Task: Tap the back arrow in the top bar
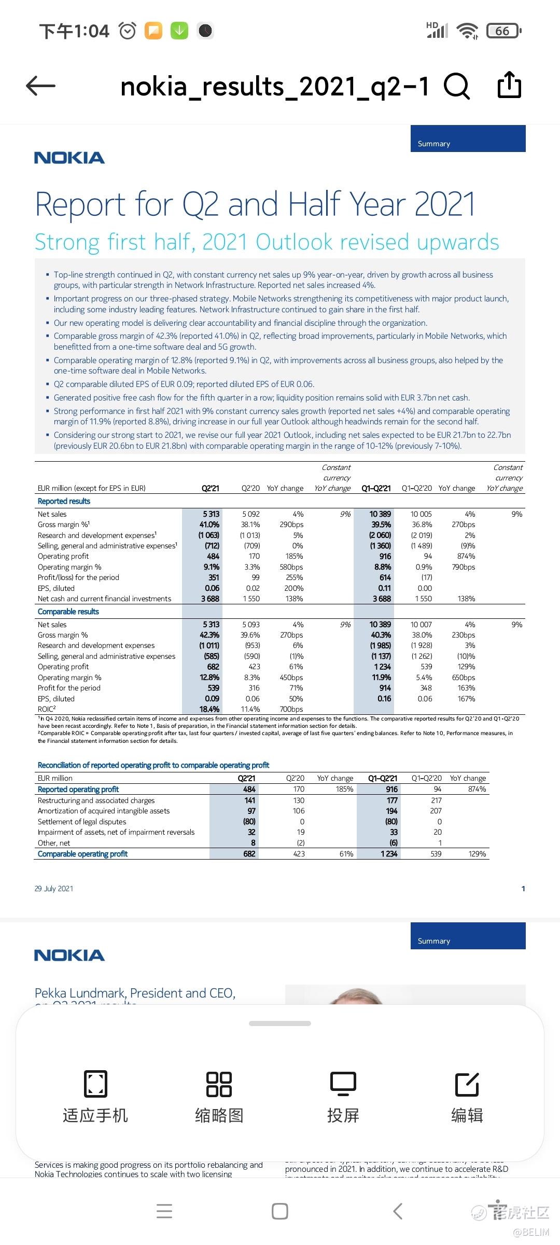(x=40, y=86)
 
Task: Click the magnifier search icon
(x=456, y=86)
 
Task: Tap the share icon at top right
(x=509, y=85)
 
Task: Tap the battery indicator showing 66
(x=503, y=31)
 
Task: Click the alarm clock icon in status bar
(x=128, y=31)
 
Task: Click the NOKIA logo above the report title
(x=69, y=158)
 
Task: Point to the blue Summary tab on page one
(x=468, y=139)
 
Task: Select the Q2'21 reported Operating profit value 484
(x=213, y=556)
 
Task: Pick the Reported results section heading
(x=64, y=501)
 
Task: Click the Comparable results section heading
(x=68, y=612)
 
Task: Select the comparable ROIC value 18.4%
(x=209, y=709)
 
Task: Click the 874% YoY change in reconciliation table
(x=477, y=789)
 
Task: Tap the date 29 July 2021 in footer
(x=54, y=889)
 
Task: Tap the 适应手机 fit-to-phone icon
(x=95, y=1084)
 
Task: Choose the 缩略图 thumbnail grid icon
(x=219, y=1084)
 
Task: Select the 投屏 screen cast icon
(x=343, y=1084)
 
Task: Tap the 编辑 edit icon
(x=467, y=1084)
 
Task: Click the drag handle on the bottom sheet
(x=280, y=1023)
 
